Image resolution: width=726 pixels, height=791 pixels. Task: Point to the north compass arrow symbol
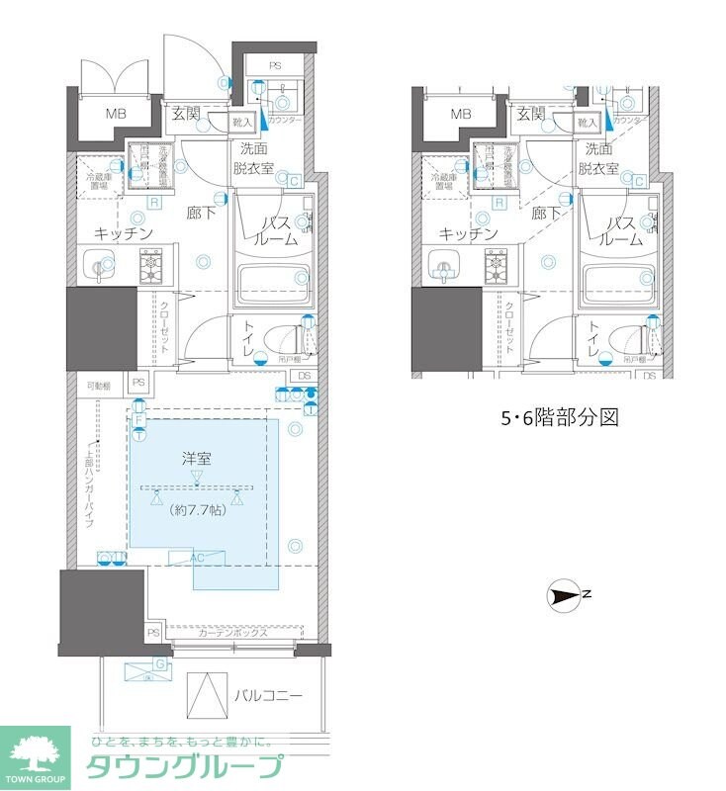(x=566, y=594)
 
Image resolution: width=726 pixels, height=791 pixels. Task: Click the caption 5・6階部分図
(x=558, y=417)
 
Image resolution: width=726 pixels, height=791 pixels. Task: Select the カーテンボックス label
(x=232, y=633)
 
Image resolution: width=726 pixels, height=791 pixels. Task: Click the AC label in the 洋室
(x=197, y=558)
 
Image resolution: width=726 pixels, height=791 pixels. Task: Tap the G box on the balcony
(x=160, y=662)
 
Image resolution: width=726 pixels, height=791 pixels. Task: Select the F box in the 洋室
(x=138, y=419)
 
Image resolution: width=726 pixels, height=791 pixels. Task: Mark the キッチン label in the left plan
(x=124, y=233)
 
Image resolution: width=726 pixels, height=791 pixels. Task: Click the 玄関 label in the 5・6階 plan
(x=531, y=114)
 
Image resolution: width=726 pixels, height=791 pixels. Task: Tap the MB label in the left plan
(x=118, y=114)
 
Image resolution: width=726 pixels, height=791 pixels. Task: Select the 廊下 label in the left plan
(x=202, y=212)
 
